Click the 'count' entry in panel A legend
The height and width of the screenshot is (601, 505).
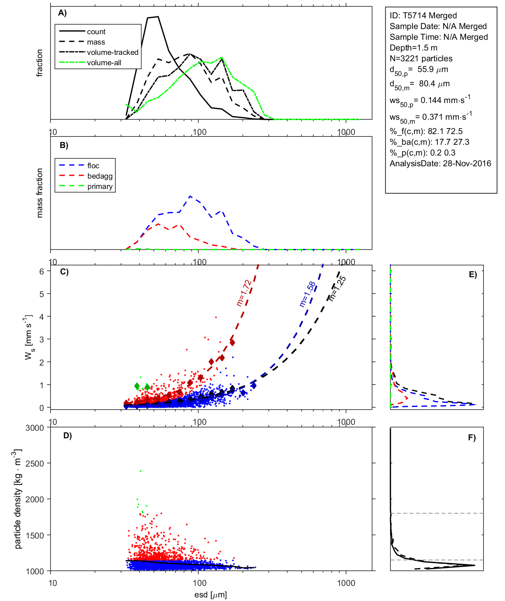(96, 32)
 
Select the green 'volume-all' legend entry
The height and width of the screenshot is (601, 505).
(104, 63)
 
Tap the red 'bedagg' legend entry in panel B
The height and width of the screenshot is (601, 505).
(100, 176)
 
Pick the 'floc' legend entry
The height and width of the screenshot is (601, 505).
(93, 166)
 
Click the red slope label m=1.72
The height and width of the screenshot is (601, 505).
(243, 293)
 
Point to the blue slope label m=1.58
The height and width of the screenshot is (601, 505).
(307, 294)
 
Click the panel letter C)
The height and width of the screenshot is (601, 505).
(64, 272)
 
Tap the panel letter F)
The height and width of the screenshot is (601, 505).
(472, 438)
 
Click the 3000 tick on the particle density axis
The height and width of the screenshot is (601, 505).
(35, 428)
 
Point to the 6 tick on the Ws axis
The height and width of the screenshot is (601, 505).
(41, 271)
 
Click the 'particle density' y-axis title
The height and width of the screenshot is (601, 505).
(18, 499)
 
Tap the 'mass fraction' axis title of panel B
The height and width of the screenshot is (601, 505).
(40, 193)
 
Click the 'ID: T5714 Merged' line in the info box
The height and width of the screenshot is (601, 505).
(423, 16)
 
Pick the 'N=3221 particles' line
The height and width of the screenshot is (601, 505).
(421, 58)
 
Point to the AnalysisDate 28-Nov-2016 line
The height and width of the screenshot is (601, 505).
(440, 163)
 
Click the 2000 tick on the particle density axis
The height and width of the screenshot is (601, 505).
(35, 500)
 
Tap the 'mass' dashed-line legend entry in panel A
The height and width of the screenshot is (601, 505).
(96, 42)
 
